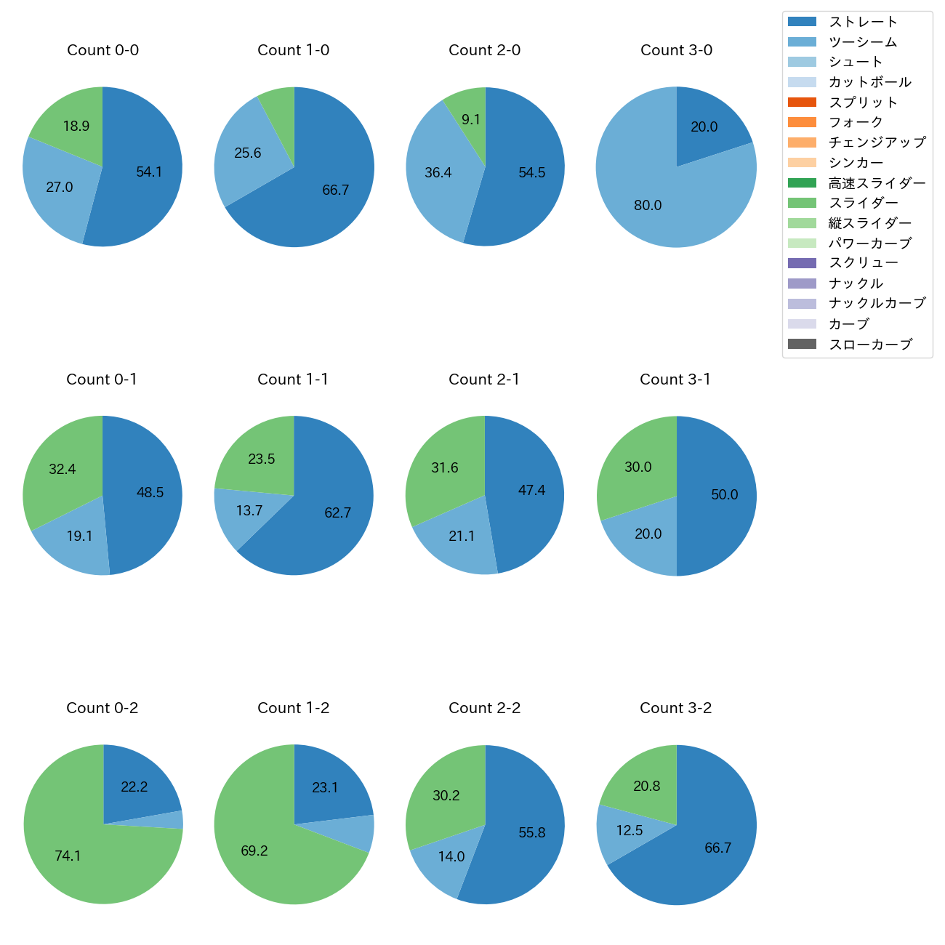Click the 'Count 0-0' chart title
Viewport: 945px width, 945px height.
click(102, 50)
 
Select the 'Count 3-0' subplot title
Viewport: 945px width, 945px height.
click(676, 50)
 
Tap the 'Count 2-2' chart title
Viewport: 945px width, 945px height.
click(484, 708)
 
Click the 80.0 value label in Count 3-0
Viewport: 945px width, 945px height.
click(648, 206)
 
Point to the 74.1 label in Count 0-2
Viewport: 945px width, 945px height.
click(68, 856)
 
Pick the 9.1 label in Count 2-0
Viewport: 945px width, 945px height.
click(471, 120)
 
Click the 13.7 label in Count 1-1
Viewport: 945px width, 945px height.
click(249, 511)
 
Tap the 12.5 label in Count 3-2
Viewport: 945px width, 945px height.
click(630, 831)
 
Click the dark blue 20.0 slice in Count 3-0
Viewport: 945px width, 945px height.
click(709, 120)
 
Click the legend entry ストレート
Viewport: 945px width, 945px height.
click(864, 22)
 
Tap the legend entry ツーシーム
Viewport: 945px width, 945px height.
click(863, 42)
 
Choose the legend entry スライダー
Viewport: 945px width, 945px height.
click(864, 203)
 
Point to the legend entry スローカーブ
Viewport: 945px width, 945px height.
click(870, 345)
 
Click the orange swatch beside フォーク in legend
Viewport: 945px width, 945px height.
click(802, 122)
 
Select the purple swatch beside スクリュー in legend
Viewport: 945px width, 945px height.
click(802, 263)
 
